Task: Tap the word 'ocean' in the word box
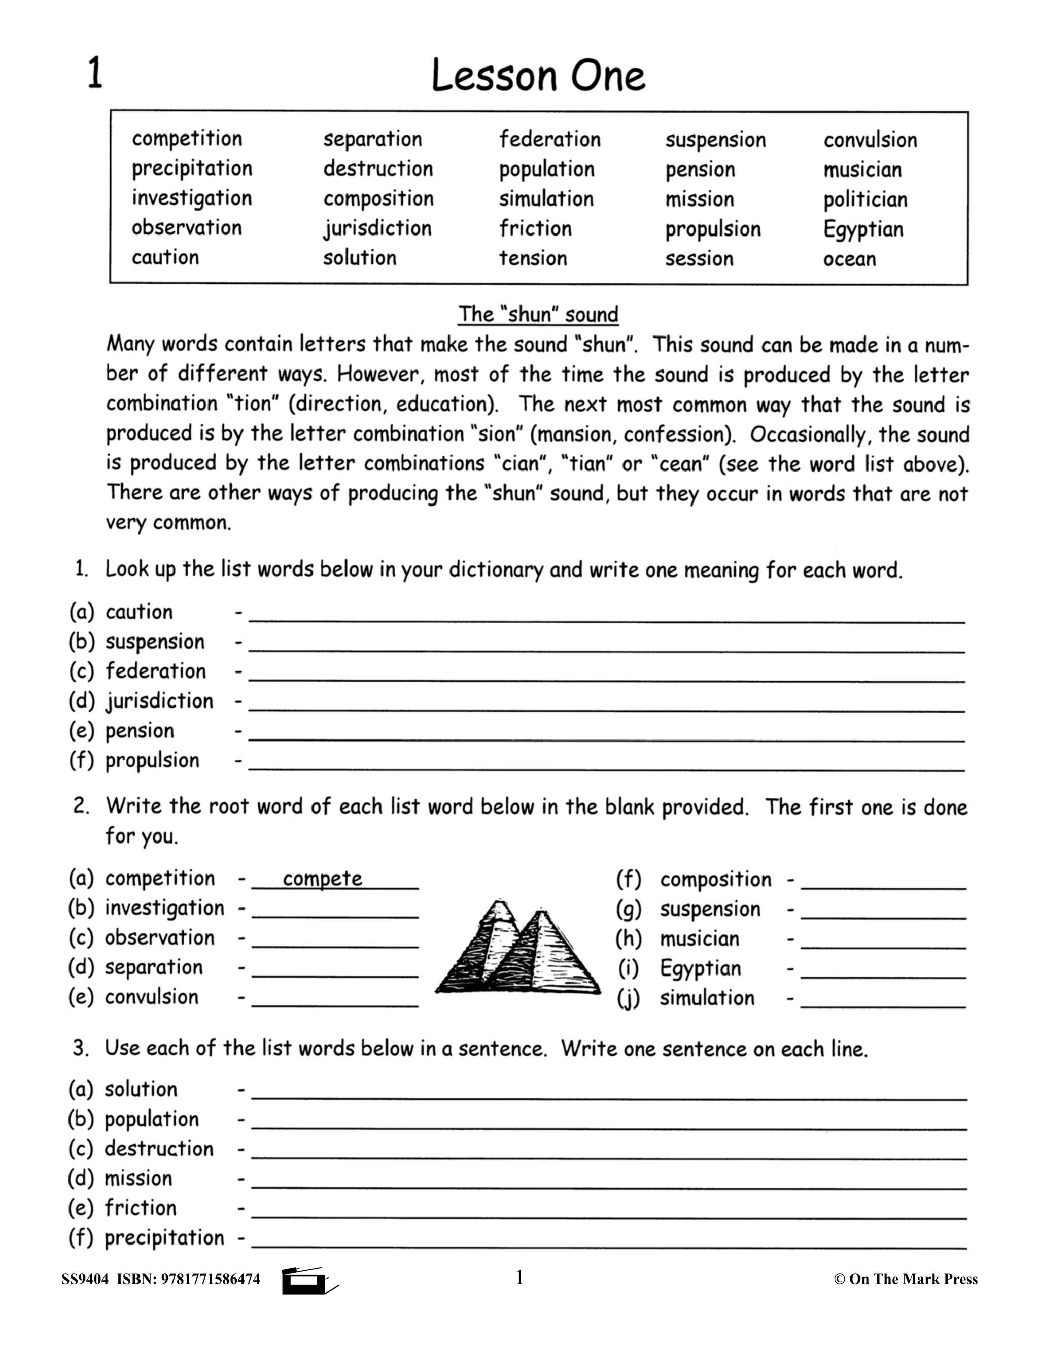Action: (849, 259)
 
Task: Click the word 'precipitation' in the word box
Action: (192, 168)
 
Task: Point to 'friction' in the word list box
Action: (535, 228)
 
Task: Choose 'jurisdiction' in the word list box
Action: (377, 228)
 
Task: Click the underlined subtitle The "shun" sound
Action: (538, 314)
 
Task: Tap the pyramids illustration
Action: (518, 949)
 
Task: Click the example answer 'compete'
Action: (323, 878)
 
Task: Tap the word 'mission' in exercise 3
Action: (138, 1178)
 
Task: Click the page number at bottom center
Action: (519, 1277)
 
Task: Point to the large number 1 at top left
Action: (94, 73)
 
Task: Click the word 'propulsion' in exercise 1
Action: (152, 761)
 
